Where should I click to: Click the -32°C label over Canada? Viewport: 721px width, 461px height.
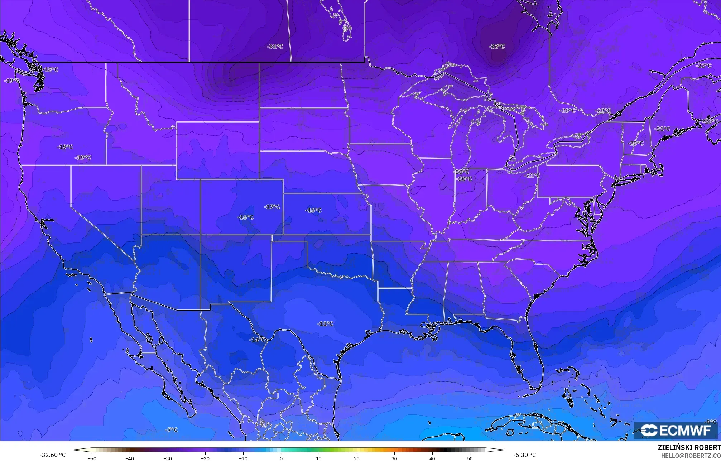pyautogui.click(x=496, y=47)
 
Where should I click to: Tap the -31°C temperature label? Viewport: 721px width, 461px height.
pyautogui.click(x=275, y=47)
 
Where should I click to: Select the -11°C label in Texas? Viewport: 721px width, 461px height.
pyautogui.click(x=325, y=324)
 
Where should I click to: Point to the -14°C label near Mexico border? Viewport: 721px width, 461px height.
pyautogui.click(x=258, y=340)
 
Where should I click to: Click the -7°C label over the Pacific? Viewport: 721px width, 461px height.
pyautogui.click(x=172, y=430)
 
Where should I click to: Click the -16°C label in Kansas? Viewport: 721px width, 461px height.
pyautogui.click(x=313, y=210)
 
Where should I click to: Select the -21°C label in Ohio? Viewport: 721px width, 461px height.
pyautogui.click(x=532, y=175)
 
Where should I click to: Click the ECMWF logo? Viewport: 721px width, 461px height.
pyautogui.click(x=676, y=430)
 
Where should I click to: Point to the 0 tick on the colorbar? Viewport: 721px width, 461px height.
pyautogui.click(x=281, y=458)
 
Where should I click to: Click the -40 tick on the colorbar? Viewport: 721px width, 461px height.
pyautogui.click(x=130, y=458)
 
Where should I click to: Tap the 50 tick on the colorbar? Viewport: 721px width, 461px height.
pyautogui.click(x=470, y=458)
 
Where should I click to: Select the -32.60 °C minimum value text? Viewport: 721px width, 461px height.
pyautogui.click(x=53, y=455)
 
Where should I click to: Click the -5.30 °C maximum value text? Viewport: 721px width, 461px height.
pyautogui.click(x=524, y=455)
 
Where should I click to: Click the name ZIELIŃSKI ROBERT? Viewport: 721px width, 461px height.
pyautogui.click(x=689, y=447)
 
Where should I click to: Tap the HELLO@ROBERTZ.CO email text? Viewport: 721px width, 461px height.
pyautogui.click(x=691, y=456)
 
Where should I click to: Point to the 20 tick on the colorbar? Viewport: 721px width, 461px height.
pyautogui.click(x=357, y=458)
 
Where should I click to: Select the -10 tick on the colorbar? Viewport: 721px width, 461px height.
pyautogui.click(x=243, y=458)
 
